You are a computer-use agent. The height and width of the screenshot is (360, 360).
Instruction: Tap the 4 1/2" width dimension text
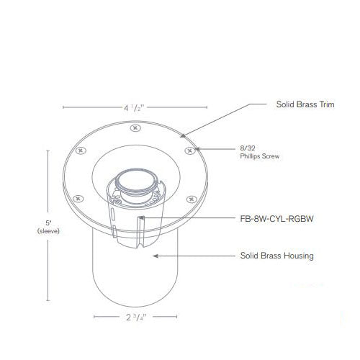point(134,108)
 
